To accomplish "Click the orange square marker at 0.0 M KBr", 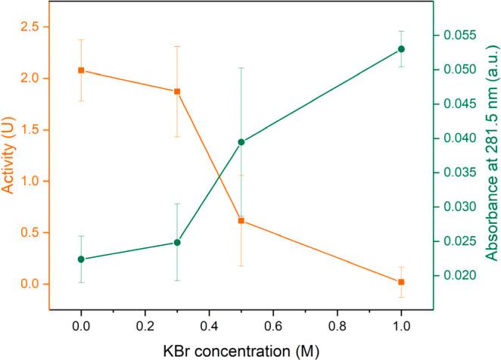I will pos(81,70).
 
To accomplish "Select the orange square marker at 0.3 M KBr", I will pos(177,92).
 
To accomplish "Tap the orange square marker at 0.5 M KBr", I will pos(241,221).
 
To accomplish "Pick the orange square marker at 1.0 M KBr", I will pos(401,282).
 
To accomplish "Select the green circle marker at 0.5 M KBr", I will pos(241,142).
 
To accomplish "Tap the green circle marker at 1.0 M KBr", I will pos(401,49).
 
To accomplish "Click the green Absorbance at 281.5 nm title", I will pos(490,160).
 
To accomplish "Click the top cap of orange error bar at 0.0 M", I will pos(81,39).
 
